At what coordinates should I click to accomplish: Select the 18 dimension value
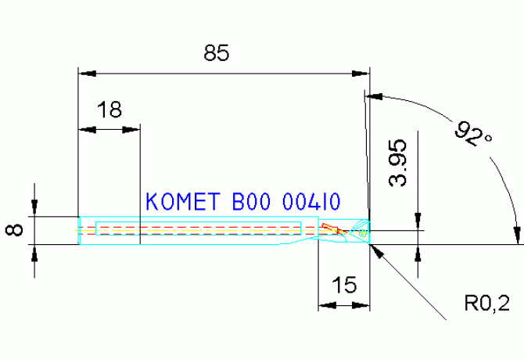coord(110,110)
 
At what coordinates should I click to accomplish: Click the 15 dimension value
coord(342,286)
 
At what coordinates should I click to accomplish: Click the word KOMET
coord(181,203)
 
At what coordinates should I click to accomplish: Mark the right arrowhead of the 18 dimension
coord(134,130)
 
